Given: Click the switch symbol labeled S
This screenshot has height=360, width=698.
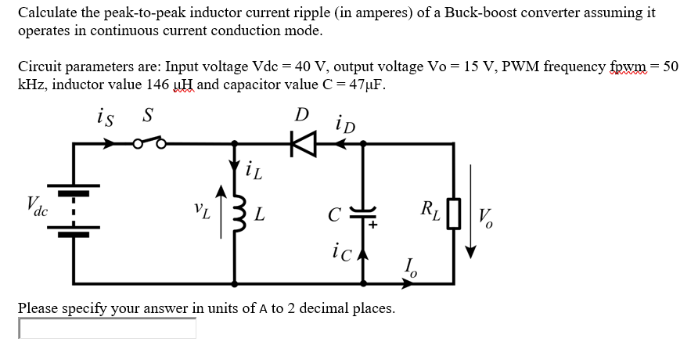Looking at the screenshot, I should click(148, 143).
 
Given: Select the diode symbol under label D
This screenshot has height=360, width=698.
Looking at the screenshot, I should click(302, 143).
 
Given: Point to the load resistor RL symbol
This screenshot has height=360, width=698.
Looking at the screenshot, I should click(453, 213).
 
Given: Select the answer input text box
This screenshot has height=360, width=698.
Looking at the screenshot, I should click(107, 329).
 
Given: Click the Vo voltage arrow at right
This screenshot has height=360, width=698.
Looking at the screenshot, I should click(471, 211).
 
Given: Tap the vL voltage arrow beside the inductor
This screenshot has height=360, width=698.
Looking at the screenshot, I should click(221, 207).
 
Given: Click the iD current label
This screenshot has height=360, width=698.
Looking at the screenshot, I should click(344, 123).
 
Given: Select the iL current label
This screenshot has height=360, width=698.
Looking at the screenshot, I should click(252, 170).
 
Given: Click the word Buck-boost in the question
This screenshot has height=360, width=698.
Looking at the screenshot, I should click(498, 13).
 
